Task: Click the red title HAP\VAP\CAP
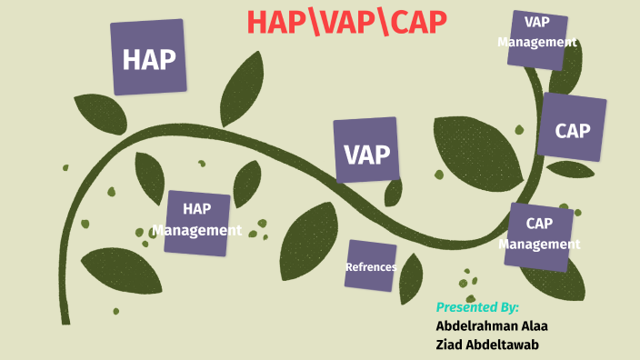point(347,24)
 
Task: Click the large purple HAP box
point(149,58)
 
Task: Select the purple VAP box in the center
point(366,150)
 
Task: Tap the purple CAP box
point(573,128)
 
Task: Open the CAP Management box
point(539,235)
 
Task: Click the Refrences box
point(370,266)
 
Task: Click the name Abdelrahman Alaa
point(492,325)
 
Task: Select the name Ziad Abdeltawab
point(492,344)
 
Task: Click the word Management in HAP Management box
point(197,230)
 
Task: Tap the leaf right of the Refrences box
point(412,277)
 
